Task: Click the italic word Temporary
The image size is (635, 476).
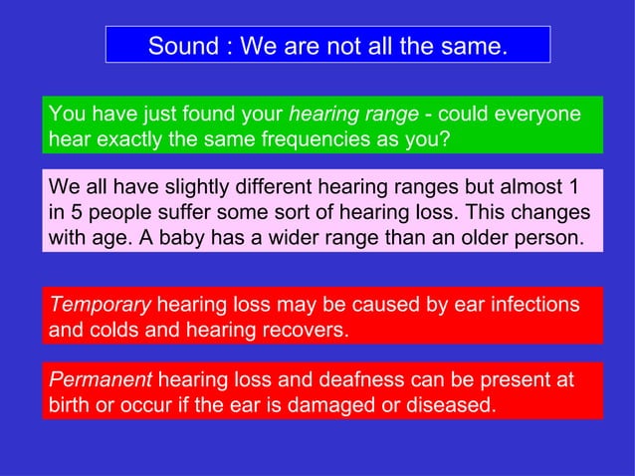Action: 100,304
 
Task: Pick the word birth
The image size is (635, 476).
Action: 71,406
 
